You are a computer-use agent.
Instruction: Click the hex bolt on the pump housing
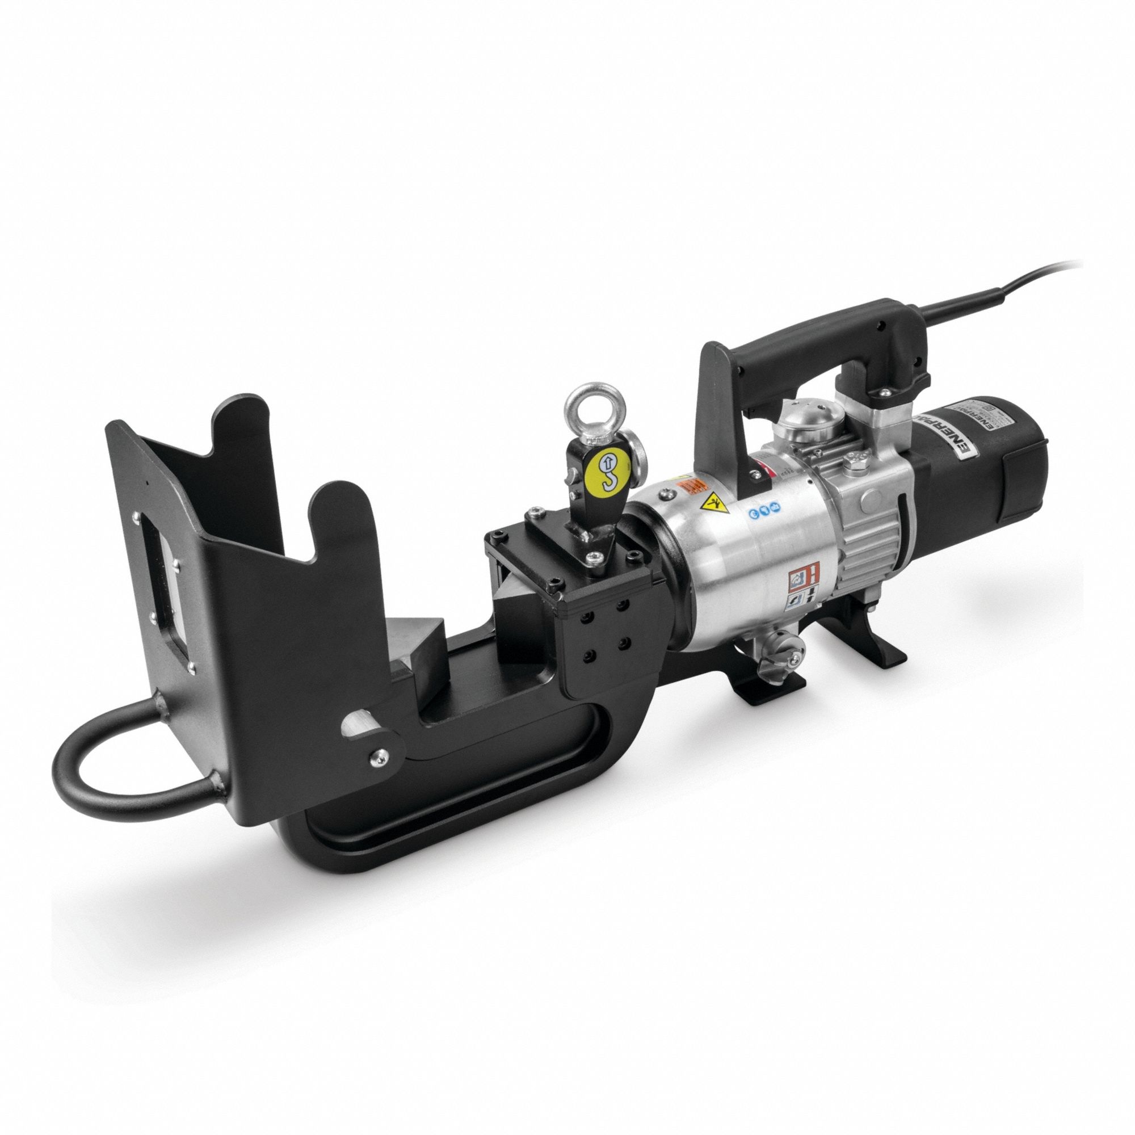(859, 461)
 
